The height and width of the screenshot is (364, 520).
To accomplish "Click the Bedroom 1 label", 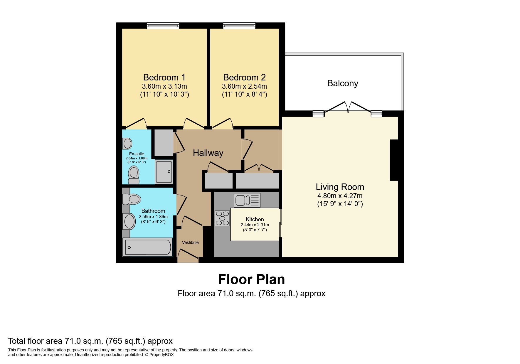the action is pos(164,77).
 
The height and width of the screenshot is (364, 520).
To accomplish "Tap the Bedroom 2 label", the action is pos(244,77).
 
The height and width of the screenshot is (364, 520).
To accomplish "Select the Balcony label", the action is pos(343,83).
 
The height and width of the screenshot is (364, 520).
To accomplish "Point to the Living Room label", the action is pos(340,187).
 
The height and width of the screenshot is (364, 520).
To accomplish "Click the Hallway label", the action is pos(208,153).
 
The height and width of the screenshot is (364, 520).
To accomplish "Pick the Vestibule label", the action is pos(190,242).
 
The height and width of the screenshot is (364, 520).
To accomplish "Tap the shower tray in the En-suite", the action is pos(164,172).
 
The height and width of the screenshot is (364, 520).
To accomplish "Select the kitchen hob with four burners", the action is pos(222,218).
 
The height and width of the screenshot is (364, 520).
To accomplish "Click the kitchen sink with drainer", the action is pos(247,200).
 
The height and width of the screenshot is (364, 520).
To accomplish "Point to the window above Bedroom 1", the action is pos(163,26).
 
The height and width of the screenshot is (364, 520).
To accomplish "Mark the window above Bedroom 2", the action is pos(239,26).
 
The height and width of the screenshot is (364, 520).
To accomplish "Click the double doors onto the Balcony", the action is pos(348,107).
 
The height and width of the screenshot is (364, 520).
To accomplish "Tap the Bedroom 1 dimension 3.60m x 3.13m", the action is pos(164,86).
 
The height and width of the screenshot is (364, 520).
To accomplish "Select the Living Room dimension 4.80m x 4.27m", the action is pos(340,196).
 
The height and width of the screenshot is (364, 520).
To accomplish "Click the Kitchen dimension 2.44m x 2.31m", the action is pos(255,225).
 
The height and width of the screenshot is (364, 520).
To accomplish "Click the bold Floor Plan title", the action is pos(251,279).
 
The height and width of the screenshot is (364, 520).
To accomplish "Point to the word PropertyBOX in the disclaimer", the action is pos(161,355).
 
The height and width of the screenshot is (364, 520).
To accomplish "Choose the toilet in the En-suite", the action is pos(134,175).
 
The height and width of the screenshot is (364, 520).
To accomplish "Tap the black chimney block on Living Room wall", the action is pos(394,160).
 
